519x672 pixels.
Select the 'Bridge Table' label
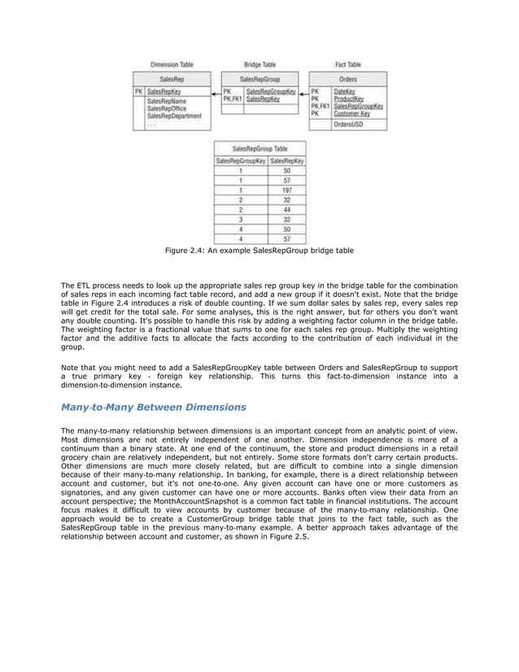261,64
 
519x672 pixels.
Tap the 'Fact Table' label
348,64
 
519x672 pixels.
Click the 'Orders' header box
348,79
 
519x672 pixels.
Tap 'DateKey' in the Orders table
345,92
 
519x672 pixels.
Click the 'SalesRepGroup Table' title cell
260,150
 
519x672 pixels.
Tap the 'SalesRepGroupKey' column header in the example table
241,161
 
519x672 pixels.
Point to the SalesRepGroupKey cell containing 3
241,220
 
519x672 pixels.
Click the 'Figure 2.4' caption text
259,251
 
